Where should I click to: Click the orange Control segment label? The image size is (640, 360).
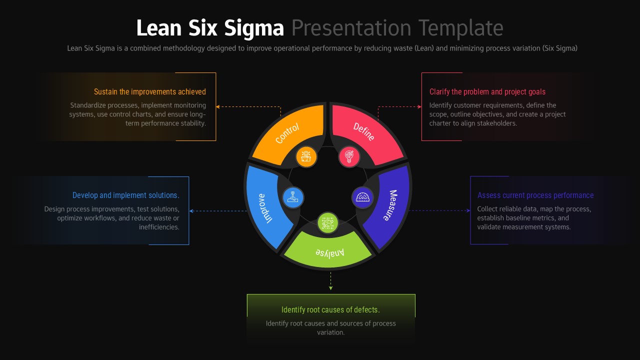click(287, 133)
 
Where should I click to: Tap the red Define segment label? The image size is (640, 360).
click(364, 132)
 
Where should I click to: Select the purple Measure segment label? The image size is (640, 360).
click(390, 205)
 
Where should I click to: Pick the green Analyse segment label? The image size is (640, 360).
click(329, 252)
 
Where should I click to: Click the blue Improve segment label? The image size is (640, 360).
click(265, 207)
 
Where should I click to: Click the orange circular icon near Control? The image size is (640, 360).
click(306, 156)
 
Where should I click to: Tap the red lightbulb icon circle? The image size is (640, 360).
click(349, 156)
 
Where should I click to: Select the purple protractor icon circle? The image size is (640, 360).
click(362, 197)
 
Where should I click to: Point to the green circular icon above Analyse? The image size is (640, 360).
click(328, 223)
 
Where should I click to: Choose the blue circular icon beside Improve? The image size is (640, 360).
click(293, 197)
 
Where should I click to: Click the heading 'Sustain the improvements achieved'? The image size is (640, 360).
click(150, 92)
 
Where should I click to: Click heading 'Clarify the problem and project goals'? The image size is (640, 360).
click(487, 92)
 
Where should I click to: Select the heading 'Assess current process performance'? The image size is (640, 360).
click(535, 195)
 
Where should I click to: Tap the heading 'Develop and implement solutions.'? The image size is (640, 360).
click(126, 195)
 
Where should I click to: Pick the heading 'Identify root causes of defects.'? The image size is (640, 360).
click(330, 310)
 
